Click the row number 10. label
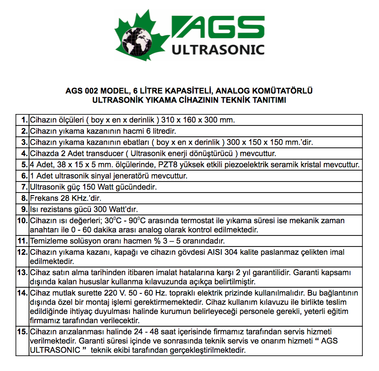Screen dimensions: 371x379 (22, 220)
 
